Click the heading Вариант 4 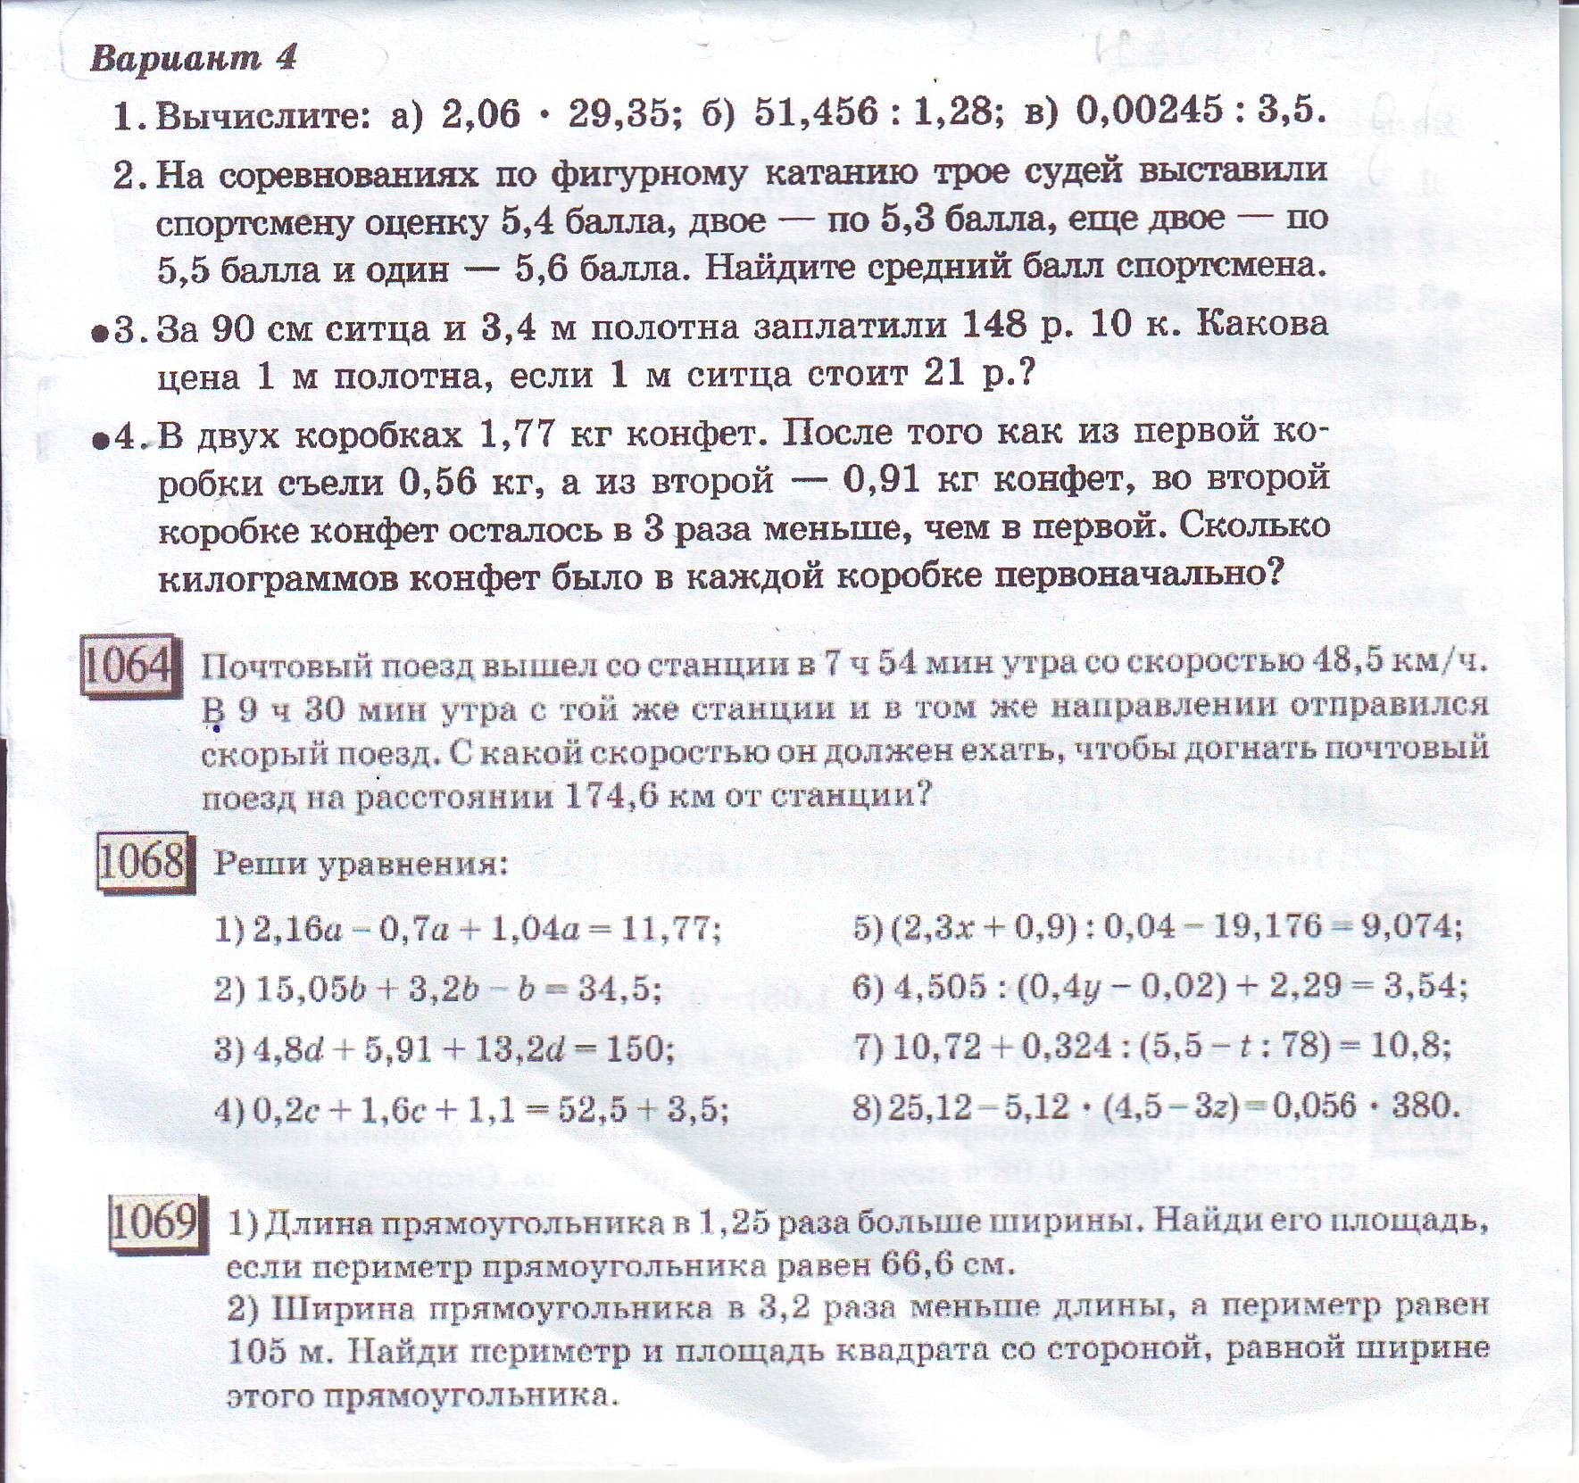(193, 58)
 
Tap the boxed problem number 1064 (127, 665)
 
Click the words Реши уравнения (359, 864)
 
